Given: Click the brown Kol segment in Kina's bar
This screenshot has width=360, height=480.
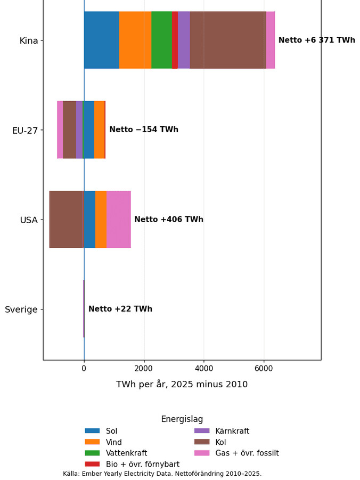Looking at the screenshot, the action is coord(228,40).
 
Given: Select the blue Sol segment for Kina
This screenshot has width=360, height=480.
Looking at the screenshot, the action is coord(102,40).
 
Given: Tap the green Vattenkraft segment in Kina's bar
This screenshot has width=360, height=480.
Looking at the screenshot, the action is coord(162,40).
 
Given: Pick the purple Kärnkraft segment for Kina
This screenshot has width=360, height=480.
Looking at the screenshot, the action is coord(184,40).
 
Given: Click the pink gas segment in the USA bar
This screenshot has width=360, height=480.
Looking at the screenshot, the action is coord(119,219).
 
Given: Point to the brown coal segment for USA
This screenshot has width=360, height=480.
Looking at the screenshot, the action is coord(66,219).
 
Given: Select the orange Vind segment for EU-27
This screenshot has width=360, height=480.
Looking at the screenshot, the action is coord(100,130).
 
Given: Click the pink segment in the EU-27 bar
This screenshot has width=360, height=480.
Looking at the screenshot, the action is coord(60,130).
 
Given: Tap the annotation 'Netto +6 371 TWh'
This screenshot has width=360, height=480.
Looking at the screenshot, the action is coord(317,40).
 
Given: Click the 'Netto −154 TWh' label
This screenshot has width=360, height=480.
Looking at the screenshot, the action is coord(144,129).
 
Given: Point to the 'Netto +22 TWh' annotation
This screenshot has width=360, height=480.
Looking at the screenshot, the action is coord(120,309).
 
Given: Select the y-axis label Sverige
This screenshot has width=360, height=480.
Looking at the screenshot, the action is coord(21,310).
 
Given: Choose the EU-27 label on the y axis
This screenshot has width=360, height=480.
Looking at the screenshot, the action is coord(25,131).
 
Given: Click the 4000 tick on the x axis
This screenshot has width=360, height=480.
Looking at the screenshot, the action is coord(204,368).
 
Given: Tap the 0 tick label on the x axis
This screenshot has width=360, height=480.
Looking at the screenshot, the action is coord(84,368).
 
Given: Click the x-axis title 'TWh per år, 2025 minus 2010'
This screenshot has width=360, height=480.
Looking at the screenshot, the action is coord(182,384).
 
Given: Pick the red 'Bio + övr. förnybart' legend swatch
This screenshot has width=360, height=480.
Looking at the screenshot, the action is coord(93,464).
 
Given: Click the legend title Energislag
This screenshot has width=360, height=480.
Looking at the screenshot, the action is coord(182,419).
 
